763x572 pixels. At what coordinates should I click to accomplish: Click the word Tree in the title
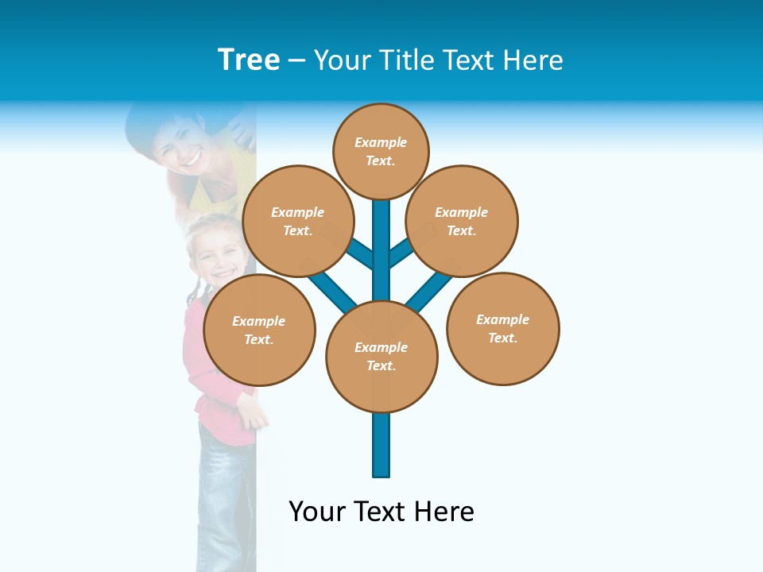coord(249,60)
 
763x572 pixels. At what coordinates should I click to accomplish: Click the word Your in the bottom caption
coord(317,512)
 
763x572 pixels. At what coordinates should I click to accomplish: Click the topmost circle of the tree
coord(381,151)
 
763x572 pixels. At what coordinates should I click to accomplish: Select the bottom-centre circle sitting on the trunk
coord(381,356)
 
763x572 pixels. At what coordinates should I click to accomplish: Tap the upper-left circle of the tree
coord(298,221)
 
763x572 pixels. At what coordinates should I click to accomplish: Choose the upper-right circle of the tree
coord(462,221)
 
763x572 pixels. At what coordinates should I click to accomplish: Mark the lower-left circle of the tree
coord(259,330)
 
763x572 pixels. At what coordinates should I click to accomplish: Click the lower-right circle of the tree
coord(503,328)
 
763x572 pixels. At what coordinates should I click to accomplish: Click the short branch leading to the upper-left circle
coord(361,253)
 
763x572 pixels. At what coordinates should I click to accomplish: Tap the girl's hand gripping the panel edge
coord(253,413)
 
